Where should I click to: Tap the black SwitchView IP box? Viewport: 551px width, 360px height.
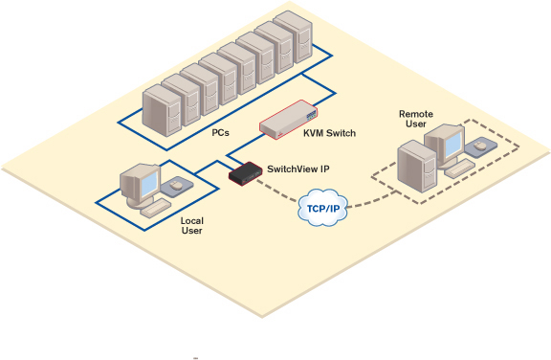click(246, 173)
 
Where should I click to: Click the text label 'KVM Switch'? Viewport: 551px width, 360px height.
click(329, 133)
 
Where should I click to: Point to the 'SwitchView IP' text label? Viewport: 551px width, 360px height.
click(298, 168)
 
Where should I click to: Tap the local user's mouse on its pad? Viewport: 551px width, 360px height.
click(174, 188)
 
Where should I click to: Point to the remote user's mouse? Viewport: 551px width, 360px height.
click(480, 147)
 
